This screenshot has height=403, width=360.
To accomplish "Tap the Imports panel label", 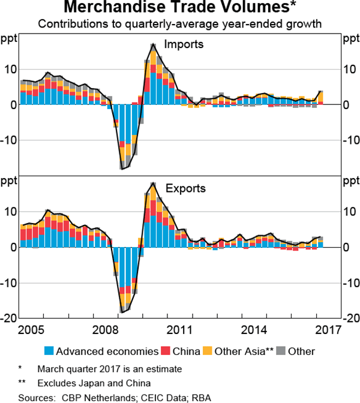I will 183,44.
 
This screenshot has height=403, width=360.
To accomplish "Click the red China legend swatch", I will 165,351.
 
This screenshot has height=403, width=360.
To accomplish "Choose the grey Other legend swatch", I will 281,351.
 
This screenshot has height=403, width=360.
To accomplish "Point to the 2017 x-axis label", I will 328,330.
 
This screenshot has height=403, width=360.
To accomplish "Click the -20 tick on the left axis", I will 8,318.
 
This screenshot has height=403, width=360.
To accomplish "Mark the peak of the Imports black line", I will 154,44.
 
